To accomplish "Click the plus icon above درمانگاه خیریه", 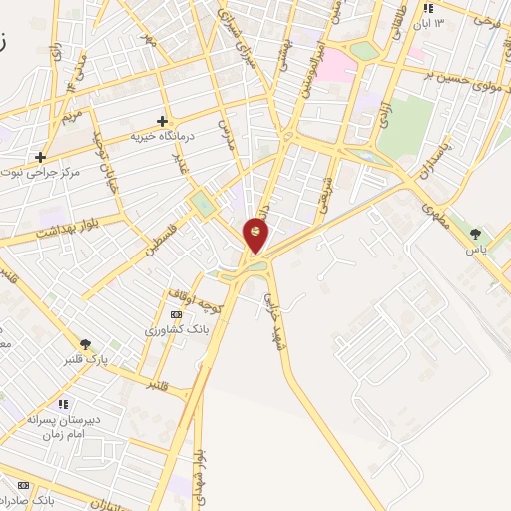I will coord(162,121).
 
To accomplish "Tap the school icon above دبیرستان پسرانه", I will coord(64,404).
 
